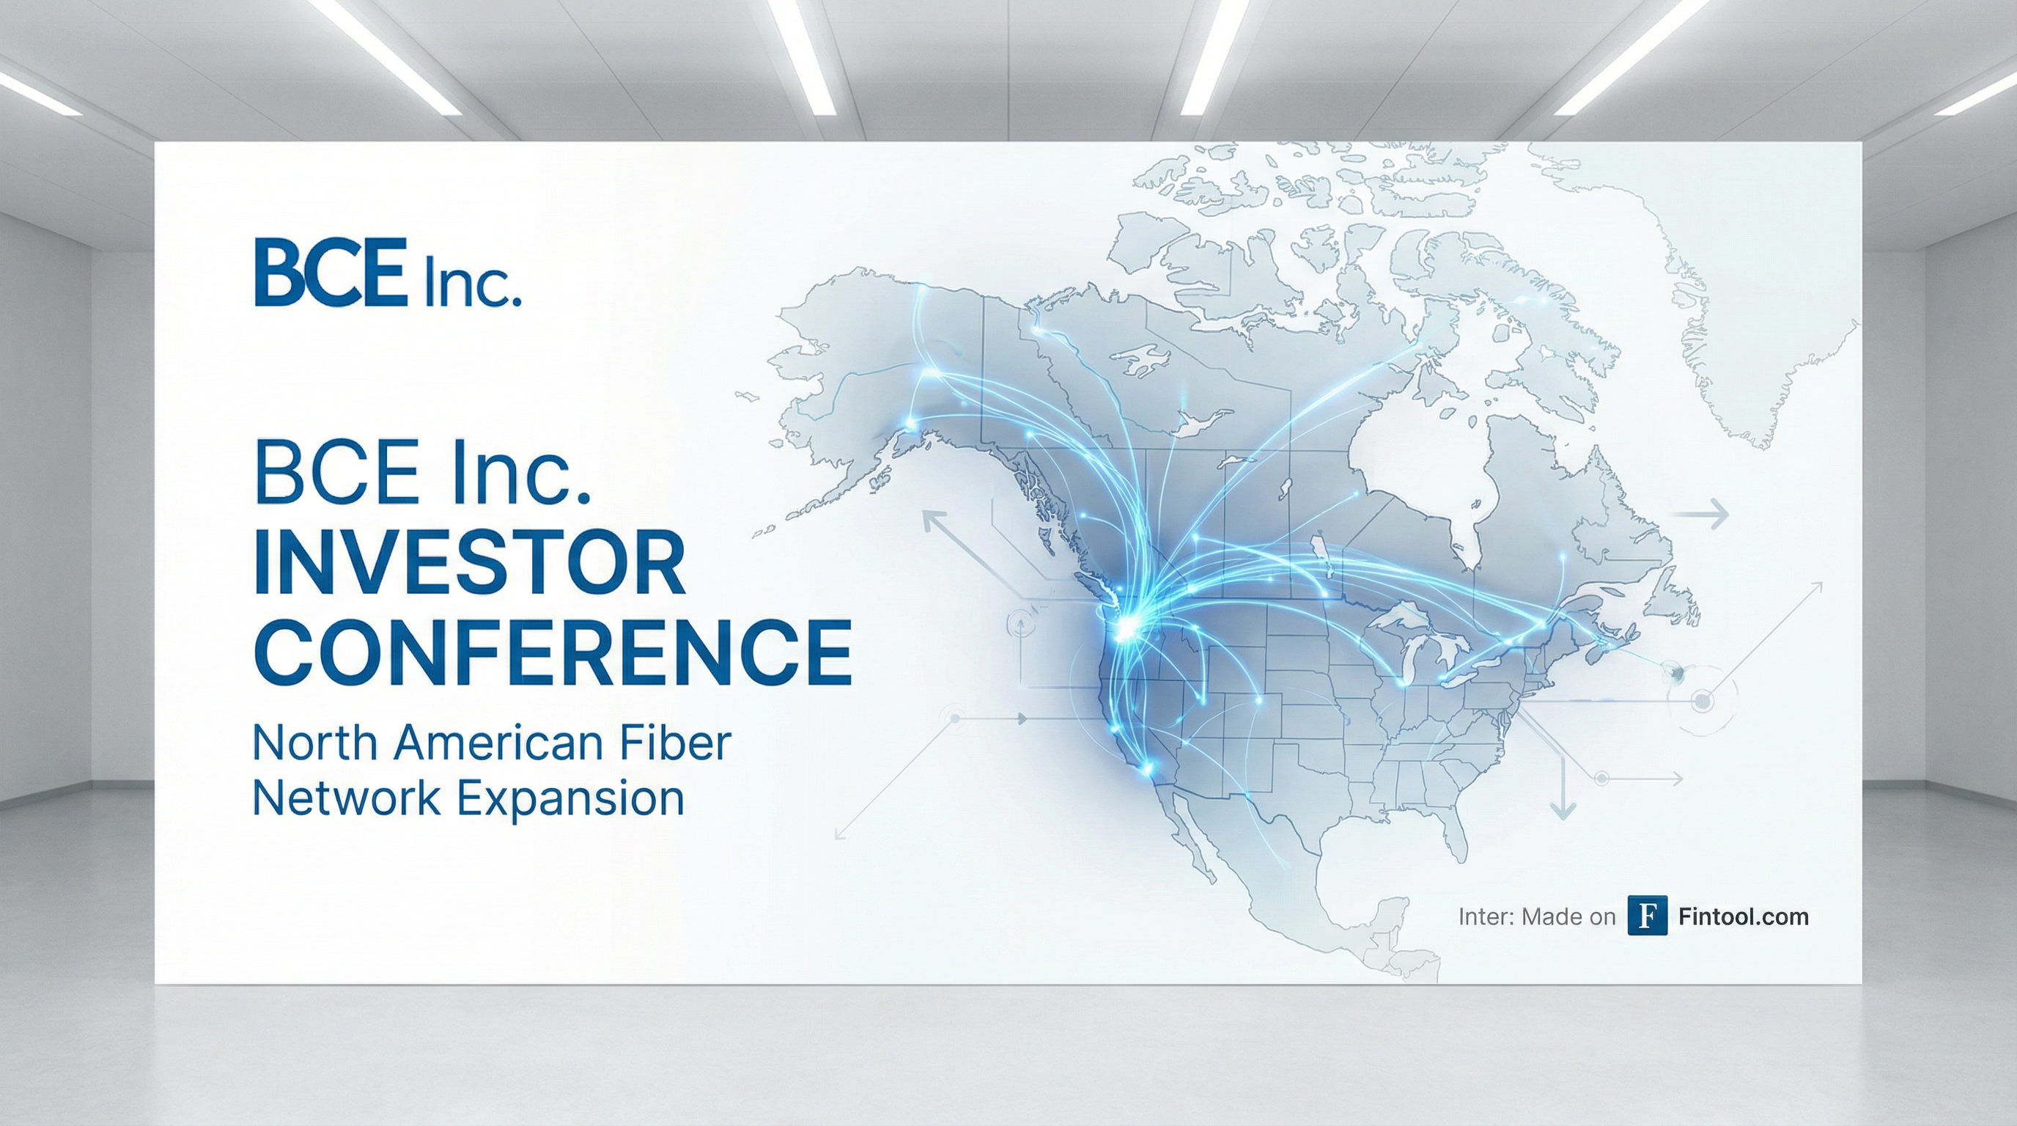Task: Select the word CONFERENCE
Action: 553,652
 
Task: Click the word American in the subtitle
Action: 498,743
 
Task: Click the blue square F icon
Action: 1648,916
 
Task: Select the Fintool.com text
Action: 1744,916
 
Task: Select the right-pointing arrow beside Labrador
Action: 1700,515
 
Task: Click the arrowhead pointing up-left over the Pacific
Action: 932,520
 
